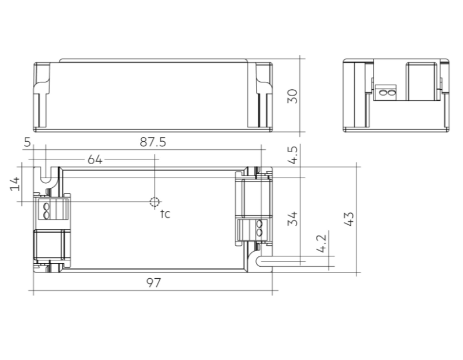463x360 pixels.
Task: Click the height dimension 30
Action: (x=292, y=95)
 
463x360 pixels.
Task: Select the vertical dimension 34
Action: (x=292, y=219)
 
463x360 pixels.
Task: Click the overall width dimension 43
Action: (x=348, y=219)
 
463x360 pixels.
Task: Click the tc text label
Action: (x=165, y=214)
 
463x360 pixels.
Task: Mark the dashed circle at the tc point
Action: (x=154, y=202)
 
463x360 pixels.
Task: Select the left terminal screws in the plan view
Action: (x=47, y=209)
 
